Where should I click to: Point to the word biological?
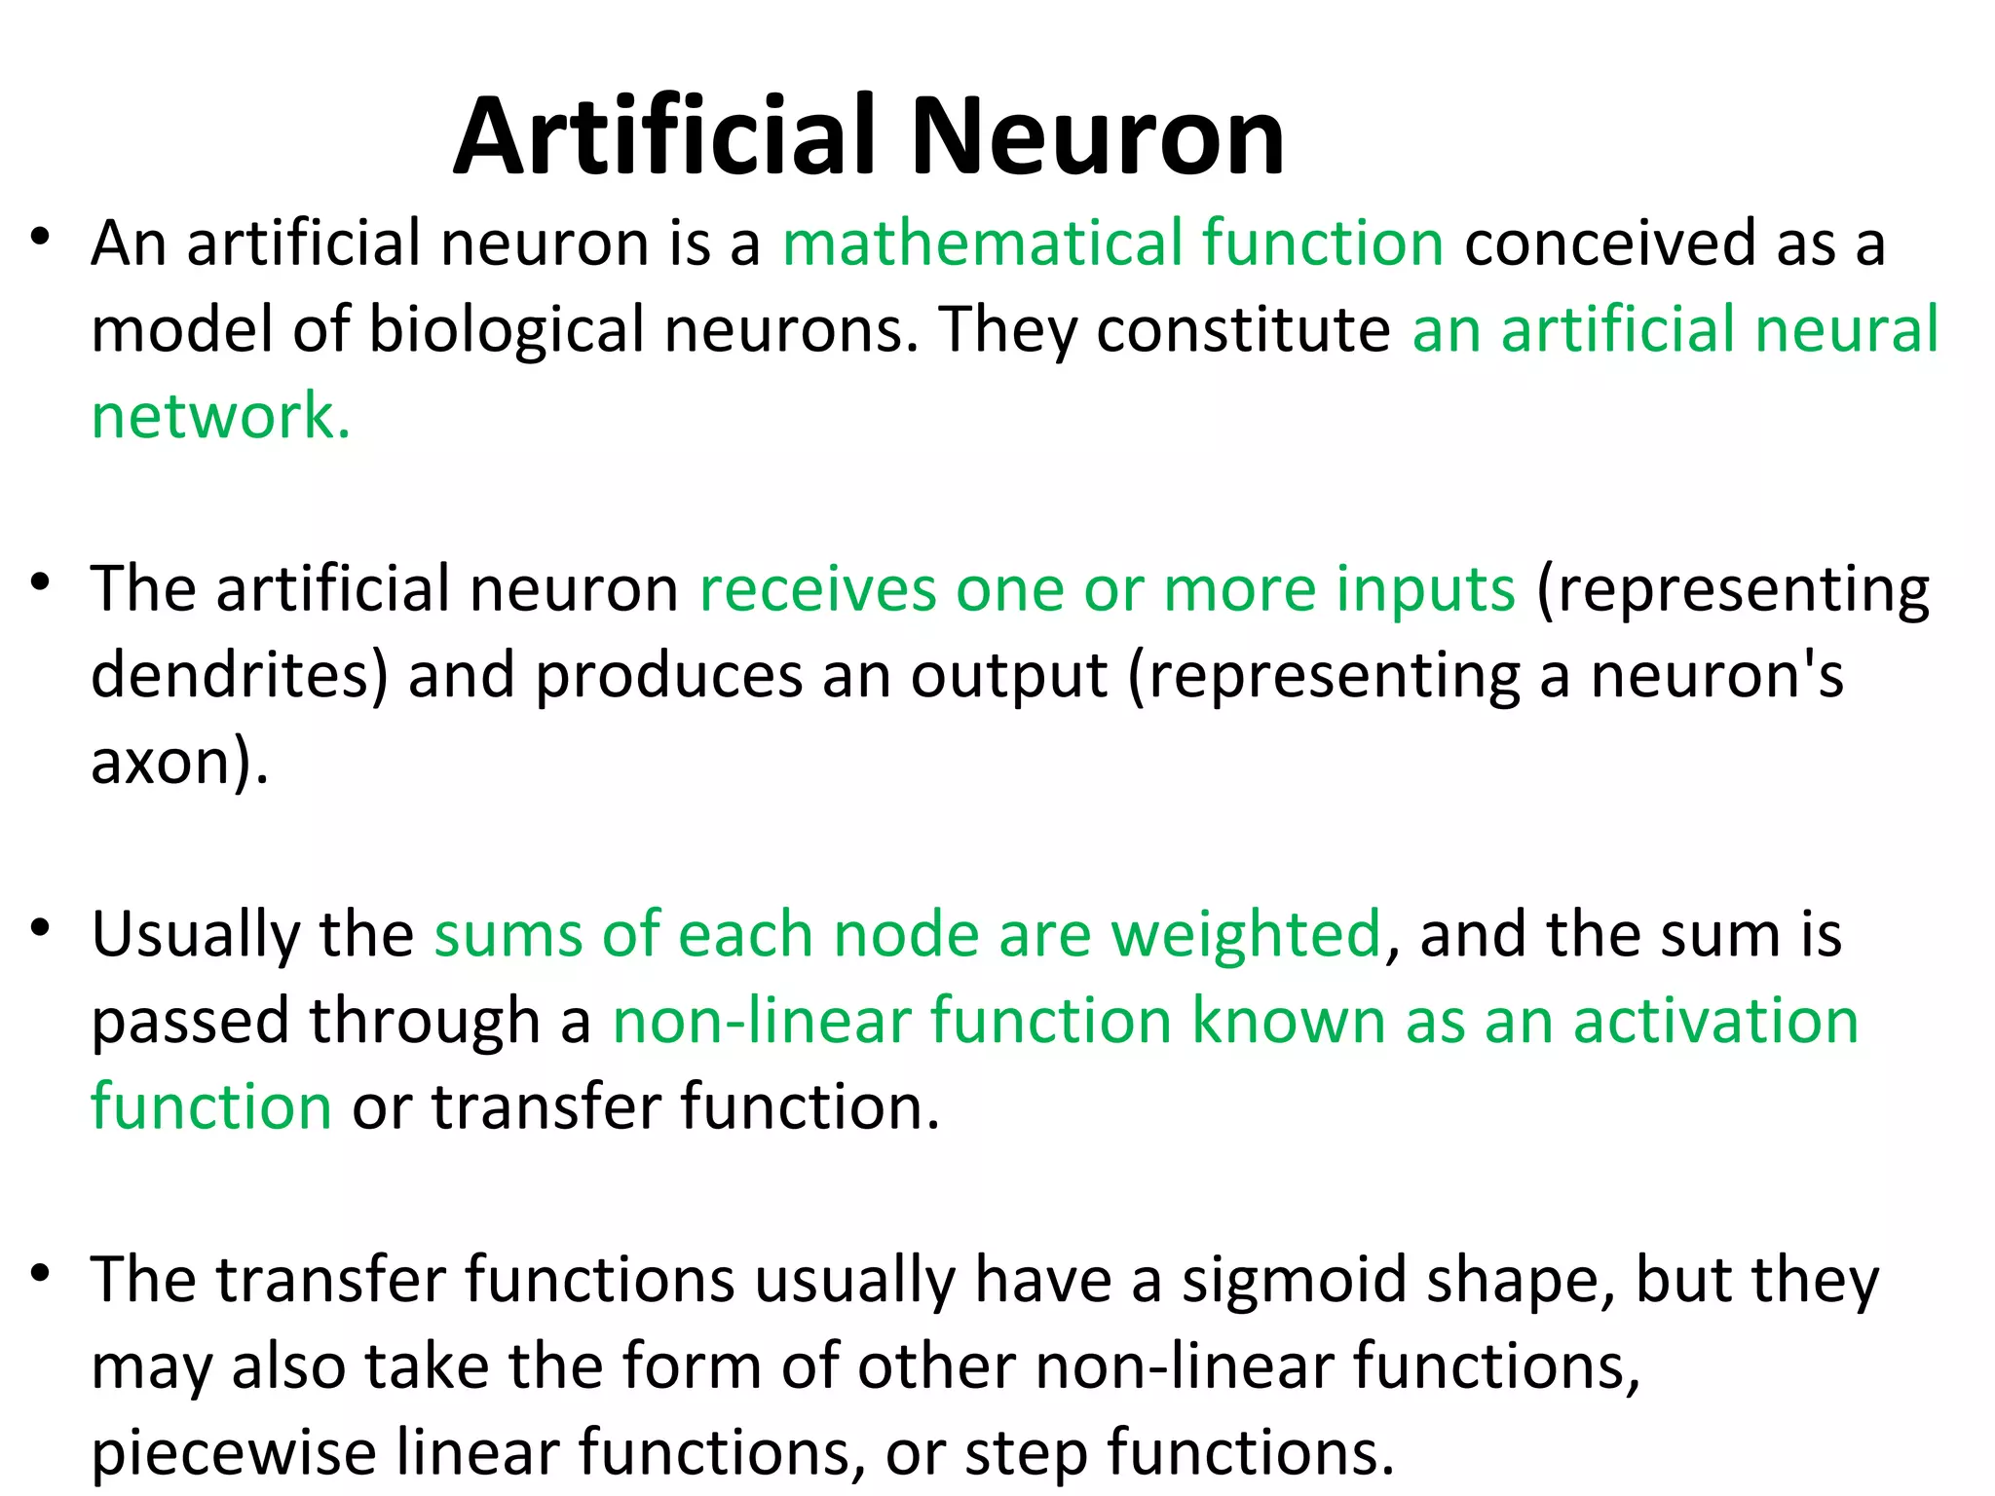(506, 329)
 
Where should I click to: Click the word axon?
(161, 762)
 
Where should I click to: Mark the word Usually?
(196, 935)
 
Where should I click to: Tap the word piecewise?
(234, 1453)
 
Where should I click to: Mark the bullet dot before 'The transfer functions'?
(40, 1273)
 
